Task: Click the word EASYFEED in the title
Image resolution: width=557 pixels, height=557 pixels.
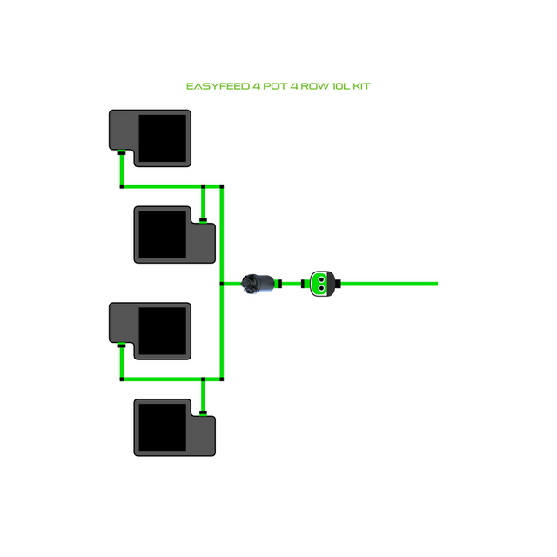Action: click(218, 87)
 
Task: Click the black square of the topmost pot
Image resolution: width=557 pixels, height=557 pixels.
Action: click(163, 138)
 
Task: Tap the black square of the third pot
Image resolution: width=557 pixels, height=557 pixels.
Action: click(163, 331)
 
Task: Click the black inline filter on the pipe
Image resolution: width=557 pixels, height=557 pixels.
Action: click(258, 283)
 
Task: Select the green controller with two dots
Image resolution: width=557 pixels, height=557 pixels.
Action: click(320, 283)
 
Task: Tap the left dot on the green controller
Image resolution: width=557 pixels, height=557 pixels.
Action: click(316, 283)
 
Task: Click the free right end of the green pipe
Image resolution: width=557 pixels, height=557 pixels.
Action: click(434, 283)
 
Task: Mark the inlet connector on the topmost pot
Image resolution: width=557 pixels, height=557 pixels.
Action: click(122, 153)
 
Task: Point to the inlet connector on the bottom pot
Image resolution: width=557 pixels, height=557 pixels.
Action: click(203, 413)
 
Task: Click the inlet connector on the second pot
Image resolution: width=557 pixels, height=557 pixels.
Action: click(203, 220)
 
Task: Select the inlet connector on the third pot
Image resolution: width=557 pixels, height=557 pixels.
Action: click(122, 346)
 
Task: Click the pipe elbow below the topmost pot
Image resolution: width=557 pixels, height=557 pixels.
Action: click(122, 185)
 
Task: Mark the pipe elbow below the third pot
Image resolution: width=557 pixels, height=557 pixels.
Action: click(122, 379)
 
